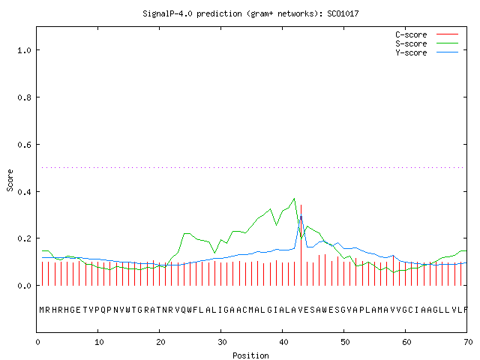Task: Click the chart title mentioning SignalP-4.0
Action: click(250, 13)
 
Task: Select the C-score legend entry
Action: click(427, 34)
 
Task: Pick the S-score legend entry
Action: click(427, 43)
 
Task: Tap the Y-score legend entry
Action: click(427, 52)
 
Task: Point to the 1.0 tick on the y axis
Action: click(24, 50)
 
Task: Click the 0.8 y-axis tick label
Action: click(24, 97)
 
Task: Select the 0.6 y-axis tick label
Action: click(24, 145)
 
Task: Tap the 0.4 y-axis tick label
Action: click(24, 192)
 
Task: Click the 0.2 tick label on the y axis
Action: click(24, 238)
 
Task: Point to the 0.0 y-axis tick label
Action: click(24, 286)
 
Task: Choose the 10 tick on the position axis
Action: click(99, 342)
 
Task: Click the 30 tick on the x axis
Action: click(222, 342)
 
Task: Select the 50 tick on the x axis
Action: click(345, 342)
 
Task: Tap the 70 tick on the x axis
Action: click(468, 342)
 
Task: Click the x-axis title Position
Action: click(250, 355)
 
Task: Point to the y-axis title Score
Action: click(10, 180)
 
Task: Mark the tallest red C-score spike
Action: click(301, 245)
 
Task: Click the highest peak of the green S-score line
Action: click(294, 198)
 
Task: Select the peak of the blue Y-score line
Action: click(301, 215)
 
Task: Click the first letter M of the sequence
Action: click(42, 310)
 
